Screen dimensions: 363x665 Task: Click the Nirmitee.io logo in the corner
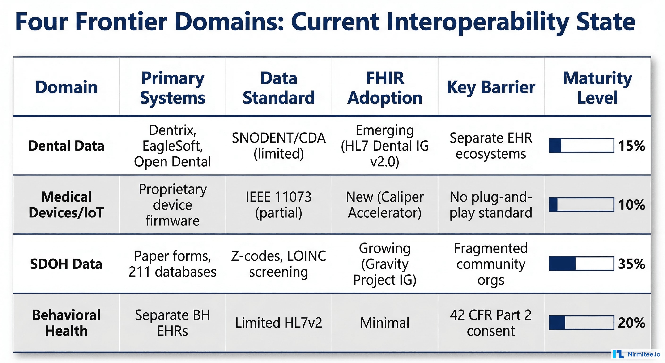(637, 354)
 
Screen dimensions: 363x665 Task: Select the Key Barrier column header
(491, 87)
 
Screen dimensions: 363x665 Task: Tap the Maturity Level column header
(597, 88)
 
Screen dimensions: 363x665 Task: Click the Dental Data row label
(66, 146)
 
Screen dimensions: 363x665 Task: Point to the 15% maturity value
(631, 146)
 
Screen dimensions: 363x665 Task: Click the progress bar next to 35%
(581, 264)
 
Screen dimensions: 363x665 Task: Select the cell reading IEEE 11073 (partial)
(279, 205)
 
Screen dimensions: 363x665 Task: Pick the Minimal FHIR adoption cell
(385, 323)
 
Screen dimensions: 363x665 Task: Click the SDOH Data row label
(66, 264)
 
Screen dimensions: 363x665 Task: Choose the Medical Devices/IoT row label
(66, 205)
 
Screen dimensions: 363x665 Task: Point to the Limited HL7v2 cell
(279, 323)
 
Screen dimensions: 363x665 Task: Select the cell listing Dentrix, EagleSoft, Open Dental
(172, 146)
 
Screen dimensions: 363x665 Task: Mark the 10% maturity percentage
(631, 205)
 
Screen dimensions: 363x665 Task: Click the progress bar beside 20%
(581, 322)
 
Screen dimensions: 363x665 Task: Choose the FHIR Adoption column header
(385, 88)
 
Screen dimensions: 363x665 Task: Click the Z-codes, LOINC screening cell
(279, 264)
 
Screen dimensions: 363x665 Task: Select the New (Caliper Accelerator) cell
(385, 205)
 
